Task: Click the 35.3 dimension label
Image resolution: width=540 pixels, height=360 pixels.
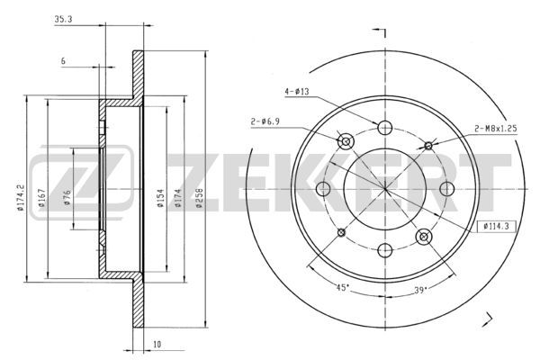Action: tap(63, 19)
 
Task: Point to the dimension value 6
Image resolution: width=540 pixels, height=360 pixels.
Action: tap(63, 61)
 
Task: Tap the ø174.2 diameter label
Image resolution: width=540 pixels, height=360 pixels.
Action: tap(21, 197)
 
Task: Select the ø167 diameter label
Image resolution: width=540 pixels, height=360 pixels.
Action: tap(41, 197)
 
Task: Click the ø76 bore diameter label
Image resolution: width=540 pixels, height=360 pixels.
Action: tap(67, 197)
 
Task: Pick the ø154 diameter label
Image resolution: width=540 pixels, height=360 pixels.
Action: tap(160, 198)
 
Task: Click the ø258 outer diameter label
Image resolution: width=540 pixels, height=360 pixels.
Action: tap(199, 198)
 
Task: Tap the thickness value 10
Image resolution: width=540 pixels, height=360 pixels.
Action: tap(157, 344)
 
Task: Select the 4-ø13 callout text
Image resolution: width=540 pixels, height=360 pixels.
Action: tap(297, 92)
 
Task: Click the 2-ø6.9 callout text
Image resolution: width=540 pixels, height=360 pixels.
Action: tap(265, 121)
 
